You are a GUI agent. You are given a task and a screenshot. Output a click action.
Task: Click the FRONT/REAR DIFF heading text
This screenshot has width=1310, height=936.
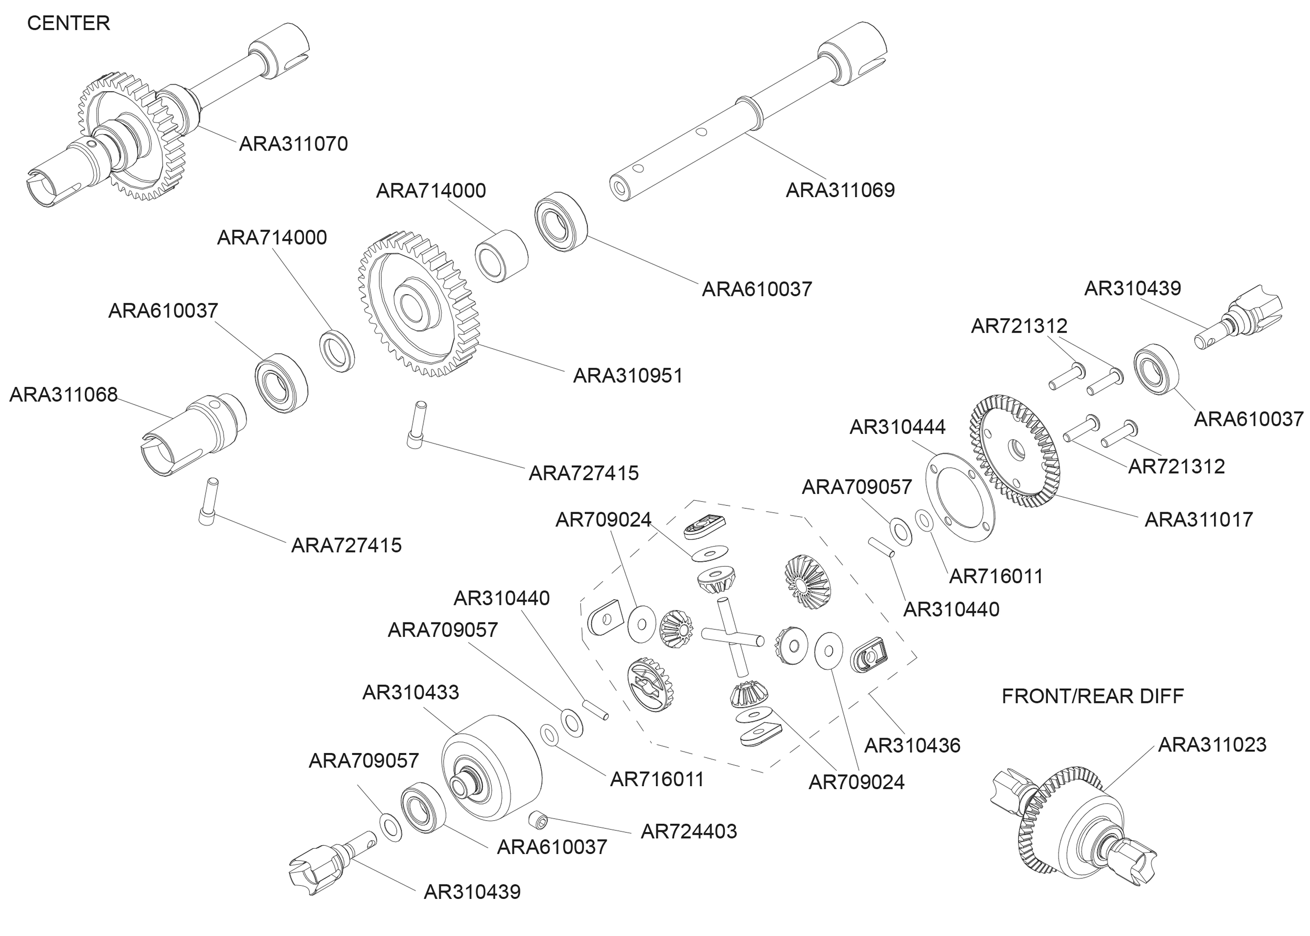(1092, 696)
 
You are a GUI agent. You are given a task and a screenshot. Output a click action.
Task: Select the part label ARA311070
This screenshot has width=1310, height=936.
(293, 144)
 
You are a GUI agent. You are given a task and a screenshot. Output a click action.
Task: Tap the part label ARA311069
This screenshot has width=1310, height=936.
(840, 190)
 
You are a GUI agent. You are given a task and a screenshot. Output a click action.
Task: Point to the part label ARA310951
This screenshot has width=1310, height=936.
(628, 376)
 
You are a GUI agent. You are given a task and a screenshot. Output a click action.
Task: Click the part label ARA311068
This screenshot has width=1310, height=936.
(63, 395)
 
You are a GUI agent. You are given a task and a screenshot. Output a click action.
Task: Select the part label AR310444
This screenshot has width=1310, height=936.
(897, 427)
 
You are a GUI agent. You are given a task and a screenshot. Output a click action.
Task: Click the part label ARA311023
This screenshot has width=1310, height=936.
(1212, 745)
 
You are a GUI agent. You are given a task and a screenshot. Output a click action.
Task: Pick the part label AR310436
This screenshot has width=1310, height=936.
(912, 746)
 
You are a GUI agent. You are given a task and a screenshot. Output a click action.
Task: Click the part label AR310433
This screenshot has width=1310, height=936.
(410, 692)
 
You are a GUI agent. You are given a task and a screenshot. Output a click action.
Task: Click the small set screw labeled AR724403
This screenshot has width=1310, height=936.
(537, 818)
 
